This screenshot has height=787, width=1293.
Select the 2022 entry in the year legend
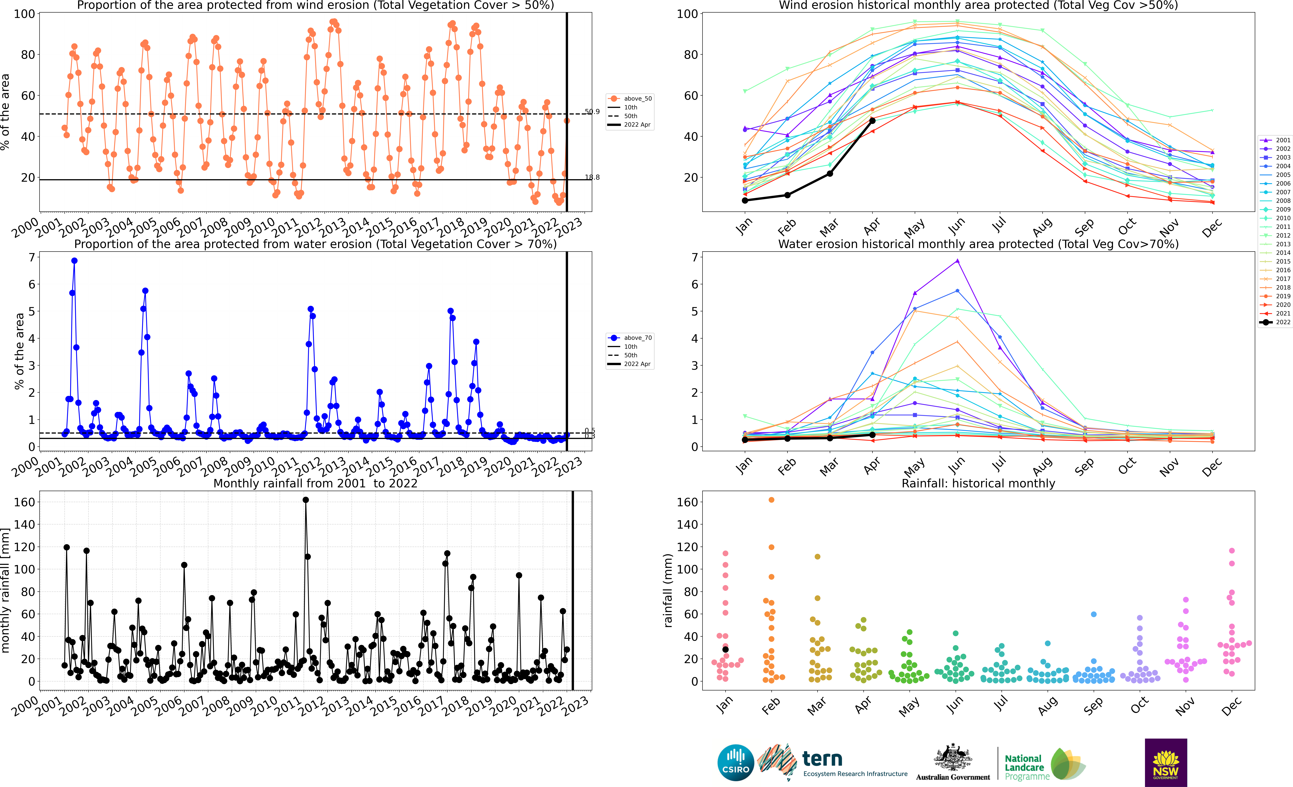click(1275, 322)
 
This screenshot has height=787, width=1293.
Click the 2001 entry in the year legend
click(1275, 140)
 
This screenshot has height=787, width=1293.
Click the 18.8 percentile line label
click(592, 177)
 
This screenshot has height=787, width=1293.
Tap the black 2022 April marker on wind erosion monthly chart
click(872, 121)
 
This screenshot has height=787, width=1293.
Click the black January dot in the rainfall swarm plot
click(726, 650)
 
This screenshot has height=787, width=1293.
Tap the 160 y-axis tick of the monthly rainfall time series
click(24, 502)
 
